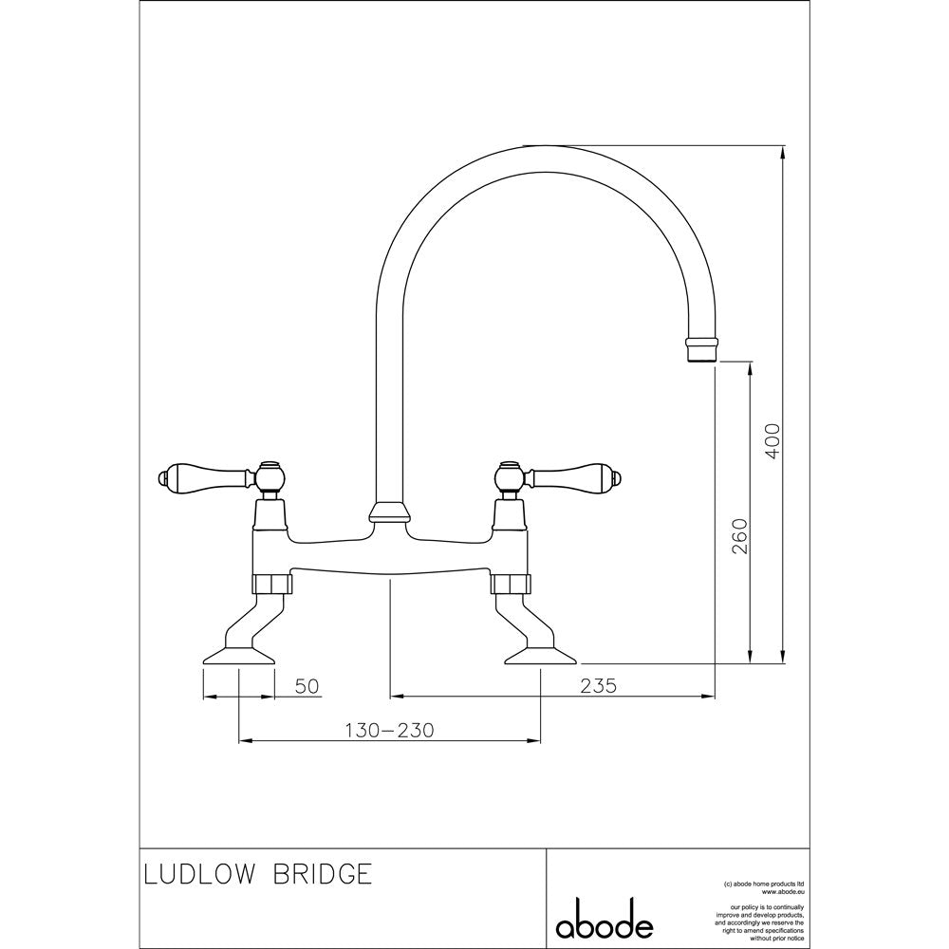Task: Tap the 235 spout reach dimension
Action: click(x=598, y=686)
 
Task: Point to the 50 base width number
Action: click(x=307, y=686)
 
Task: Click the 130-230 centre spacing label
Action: click(x=390, y=731)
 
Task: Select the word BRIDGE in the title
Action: click(x=323, y=874)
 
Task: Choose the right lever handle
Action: click(x=575, y=476)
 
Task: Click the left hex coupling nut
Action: click(x=271, y=584)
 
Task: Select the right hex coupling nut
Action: click(x=511, y=584)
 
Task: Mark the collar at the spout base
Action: click(x=390, y=512)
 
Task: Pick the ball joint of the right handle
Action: click(x=511, y=476)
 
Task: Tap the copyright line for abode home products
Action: click(x=764, y=884)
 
